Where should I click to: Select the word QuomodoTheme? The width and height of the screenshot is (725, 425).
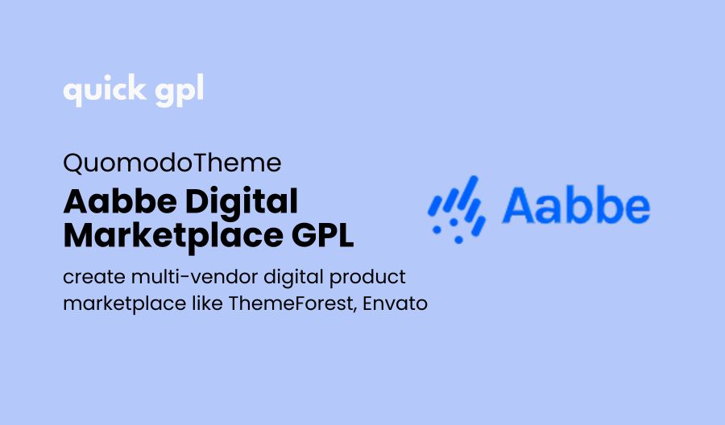(x=172, y=163)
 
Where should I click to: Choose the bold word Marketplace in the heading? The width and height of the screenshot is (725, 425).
(x=173, y=237)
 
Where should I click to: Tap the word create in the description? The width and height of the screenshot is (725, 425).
(x=94, y=278)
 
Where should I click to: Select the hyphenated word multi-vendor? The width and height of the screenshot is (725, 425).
(x=195, y=277)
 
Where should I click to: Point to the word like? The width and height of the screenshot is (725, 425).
(x=207, y=303)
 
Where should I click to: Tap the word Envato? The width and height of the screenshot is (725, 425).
(x=396, y=304)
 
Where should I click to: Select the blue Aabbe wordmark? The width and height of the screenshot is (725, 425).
(x=576, y=206)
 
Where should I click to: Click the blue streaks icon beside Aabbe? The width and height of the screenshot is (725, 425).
(x=457, y=209)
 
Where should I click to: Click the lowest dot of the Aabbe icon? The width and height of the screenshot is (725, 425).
(x=458, y=240)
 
